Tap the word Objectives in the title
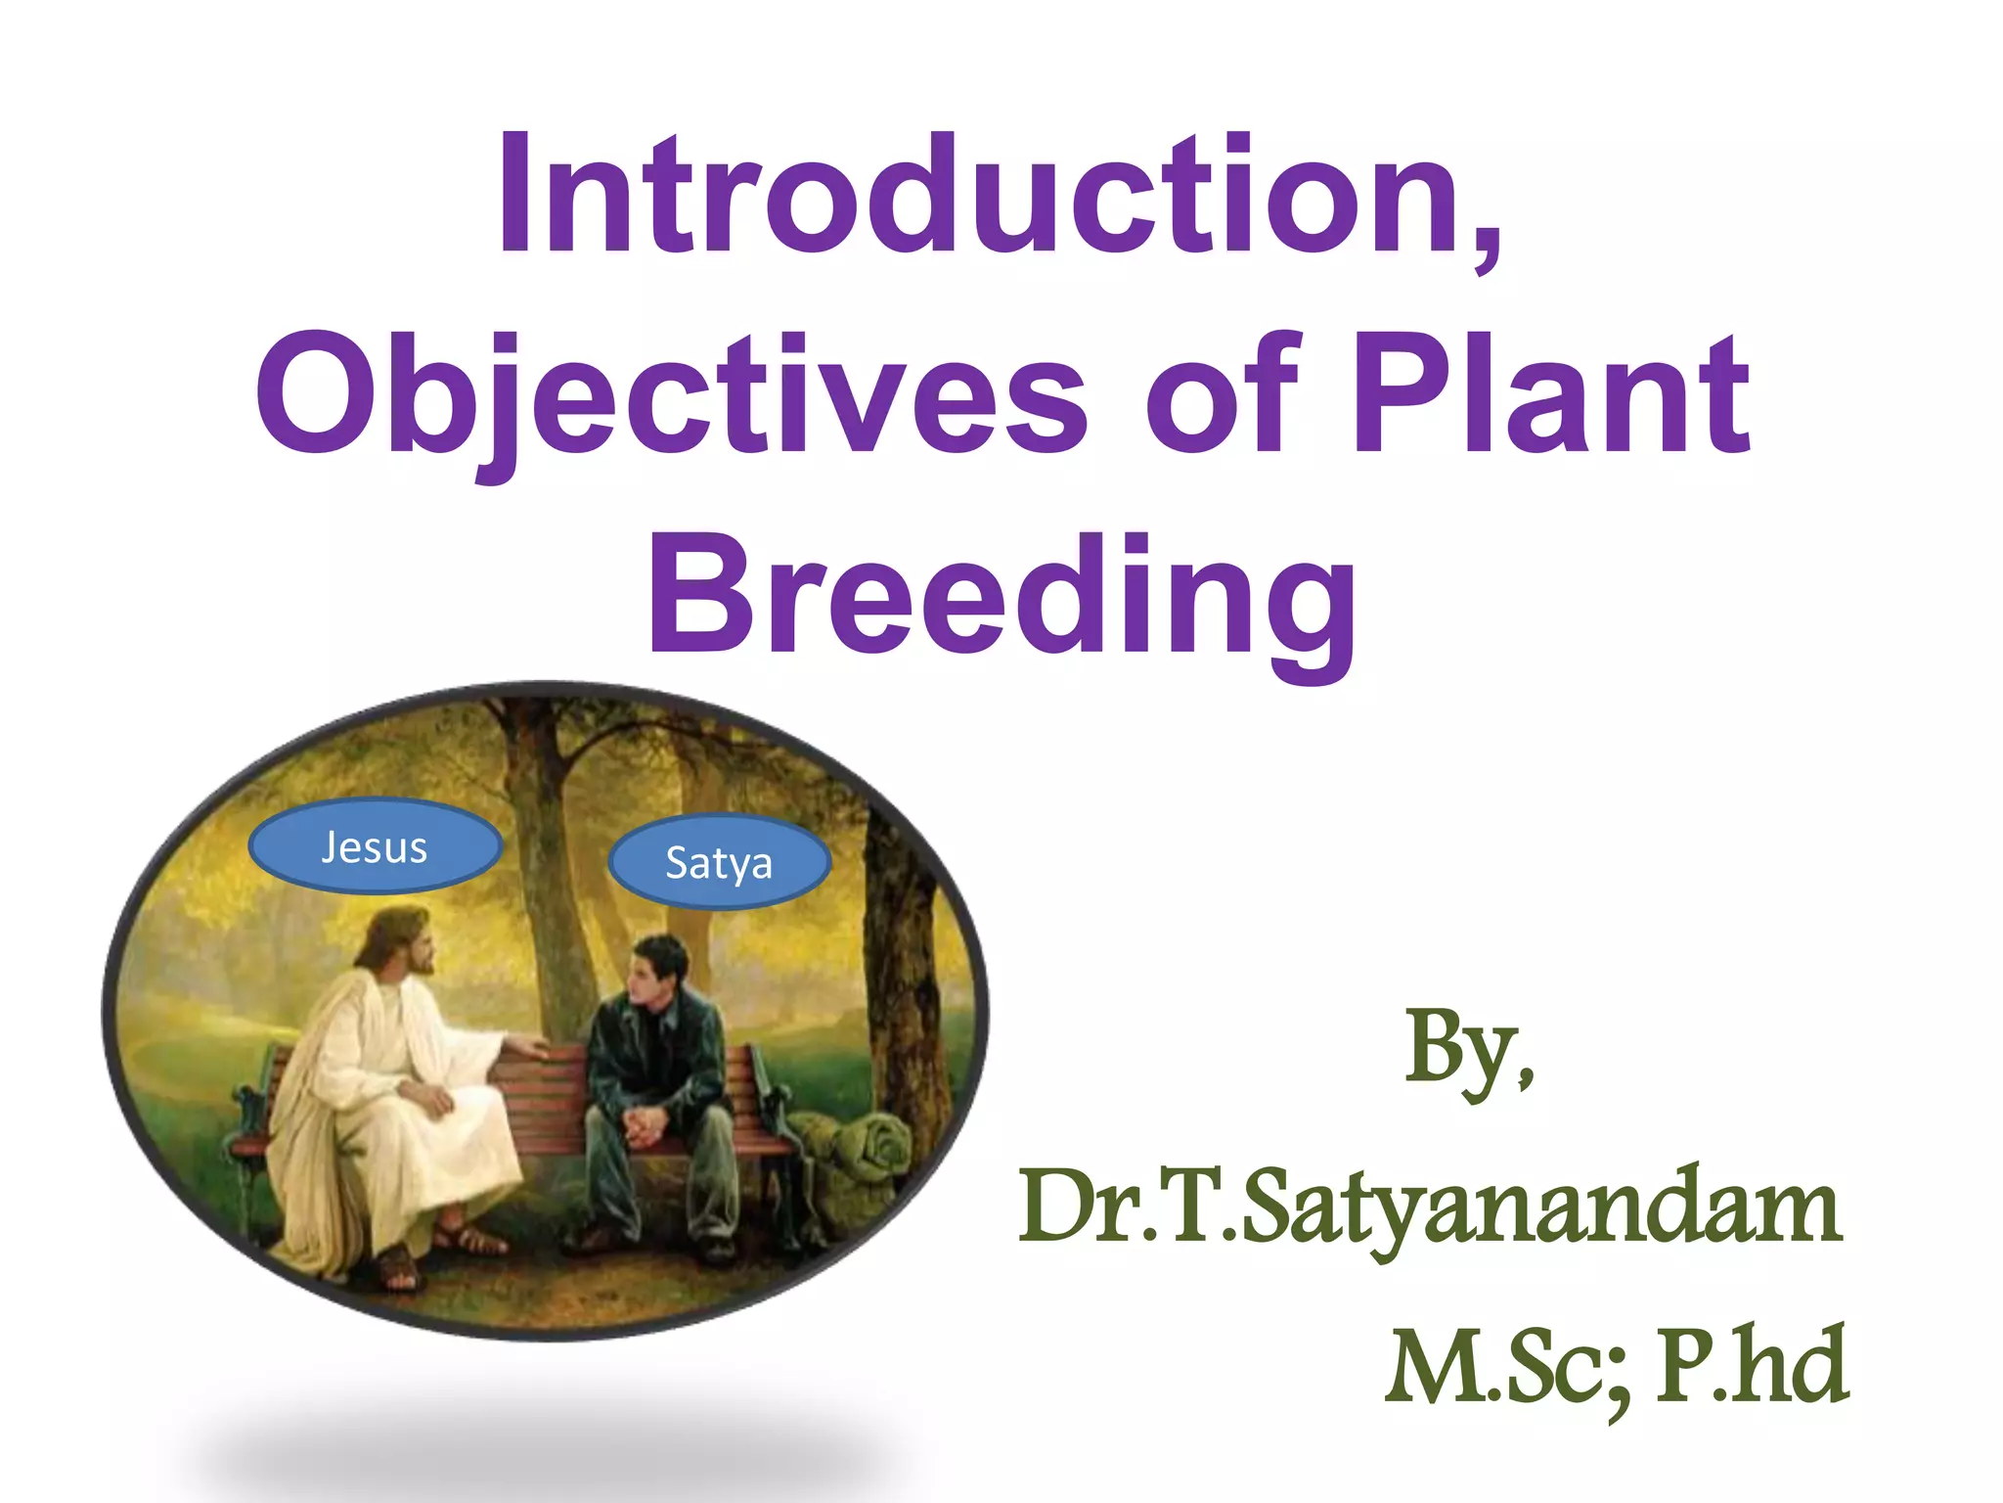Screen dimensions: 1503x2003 (671, 396)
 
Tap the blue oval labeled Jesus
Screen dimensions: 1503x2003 (376, 847)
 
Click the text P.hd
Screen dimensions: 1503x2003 (1751, 1366)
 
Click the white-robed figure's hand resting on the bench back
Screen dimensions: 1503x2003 (528, 1047)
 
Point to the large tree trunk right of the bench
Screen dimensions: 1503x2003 (910, 979)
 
